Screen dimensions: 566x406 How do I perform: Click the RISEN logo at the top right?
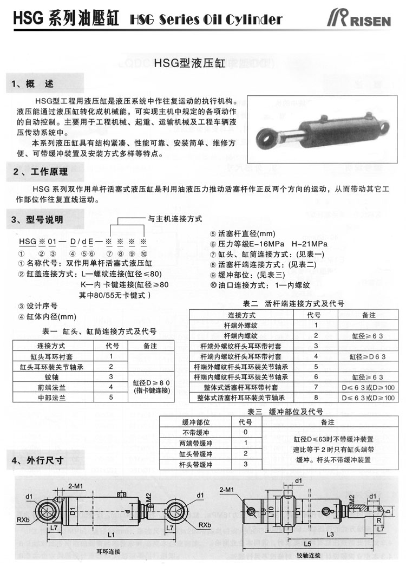click(366, 19)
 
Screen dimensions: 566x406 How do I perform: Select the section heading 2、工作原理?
click(40, 172)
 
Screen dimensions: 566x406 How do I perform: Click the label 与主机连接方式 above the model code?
click(175, 219)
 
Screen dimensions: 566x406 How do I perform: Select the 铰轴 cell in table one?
click(51, 376)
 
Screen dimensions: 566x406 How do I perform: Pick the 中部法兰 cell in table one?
click(51, 397)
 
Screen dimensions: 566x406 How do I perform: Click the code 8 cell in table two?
click(316, 398)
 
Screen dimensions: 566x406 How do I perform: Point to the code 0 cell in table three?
click(245, 432)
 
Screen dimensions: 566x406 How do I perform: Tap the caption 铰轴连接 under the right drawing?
click(309, 556)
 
